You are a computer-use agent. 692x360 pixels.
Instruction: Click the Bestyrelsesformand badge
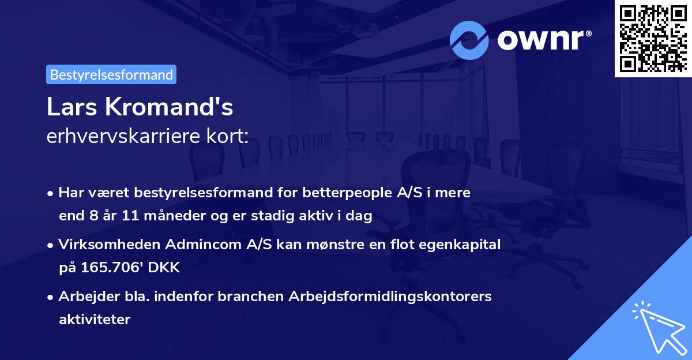coord(111,74)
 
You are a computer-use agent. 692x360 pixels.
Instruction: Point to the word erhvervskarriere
coord(121,137)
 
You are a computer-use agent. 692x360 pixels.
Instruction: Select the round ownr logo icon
coord(469,40)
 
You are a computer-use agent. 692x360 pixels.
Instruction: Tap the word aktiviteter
coord(95,319)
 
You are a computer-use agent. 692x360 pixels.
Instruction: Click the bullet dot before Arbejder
coord(51,297)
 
